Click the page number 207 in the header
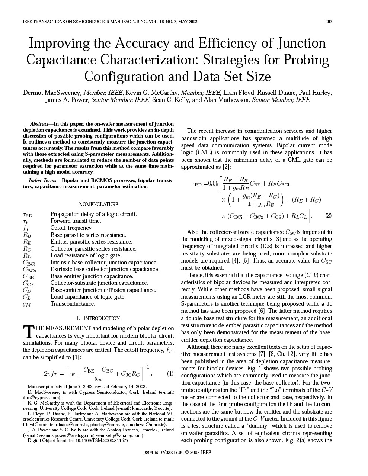(329, 22)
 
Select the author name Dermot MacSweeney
(51, 93)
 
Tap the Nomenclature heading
(98, 204)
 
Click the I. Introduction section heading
(98, 318)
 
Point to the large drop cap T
(28, 332)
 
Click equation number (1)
(170, 373)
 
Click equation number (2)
(328, 215)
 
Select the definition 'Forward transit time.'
(76, 221)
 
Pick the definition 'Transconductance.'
(73, 304)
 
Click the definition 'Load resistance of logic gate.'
(86, 255)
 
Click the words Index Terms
(42, 180)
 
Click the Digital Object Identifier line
(78, 441)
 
